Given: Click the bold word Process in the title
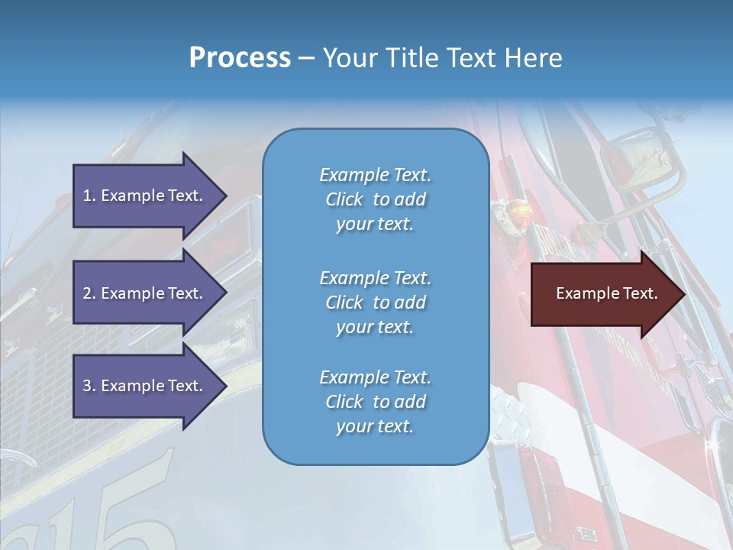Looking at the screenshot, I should [x=240, y=58].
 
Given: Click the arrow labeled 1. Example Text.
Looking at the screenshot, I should [x=145, y=196].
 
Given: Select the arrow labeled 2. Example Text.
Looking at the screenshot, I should [x=145, y=293].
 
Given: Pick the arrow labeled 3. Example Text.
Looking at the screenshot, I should [x=145, y=386].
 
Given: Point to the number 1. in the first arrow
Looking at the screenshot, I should [x=89, y=196].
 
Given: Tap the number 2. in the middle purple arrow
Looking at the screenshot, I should [x=89, y=293].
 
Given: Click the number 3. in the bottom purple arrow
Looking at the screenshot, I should [x=89, y=386].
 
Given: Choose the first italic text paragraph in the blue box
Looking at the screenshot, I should [x=375, y=199].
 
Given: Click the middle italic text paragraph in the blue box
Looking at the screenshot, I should [x=375, y=302].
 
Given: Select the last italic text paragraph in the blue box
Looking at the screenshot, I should [x=375, y=402].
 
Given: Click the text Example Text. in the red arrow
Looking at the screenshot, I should [x=606, y=293].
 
